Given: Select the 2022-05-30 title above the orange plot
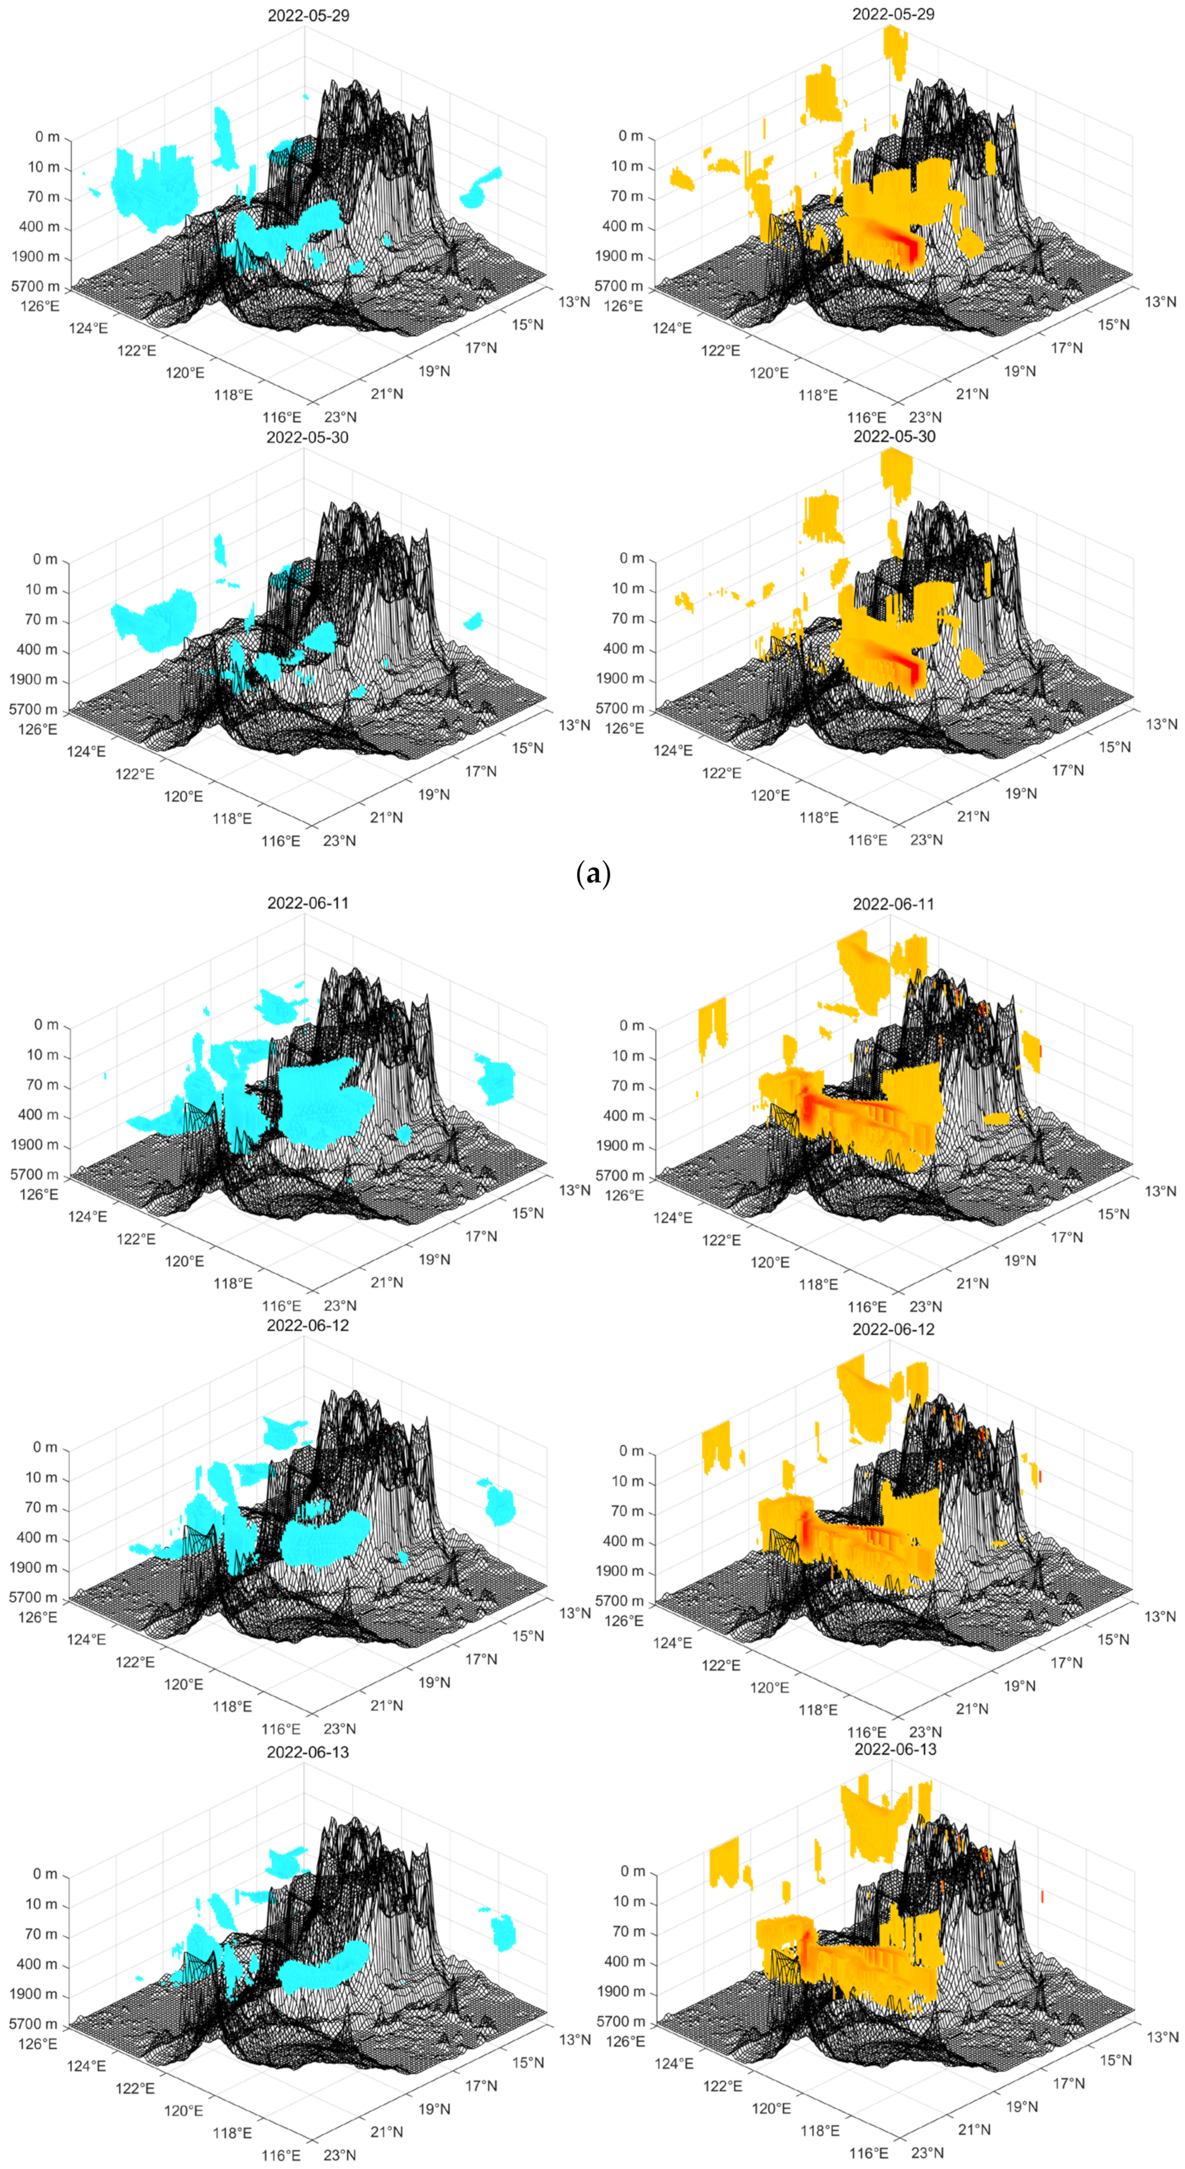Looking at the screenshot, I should [x=894, y=436].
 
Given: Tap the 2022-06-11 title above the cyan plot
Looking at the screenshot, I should [x=308, y=903].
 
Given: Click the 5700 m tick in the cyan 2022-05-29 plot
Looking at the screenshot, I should [x=36, y=286].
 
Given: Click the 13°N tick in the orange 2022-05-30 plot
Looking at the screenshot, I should [x=1160, y=724].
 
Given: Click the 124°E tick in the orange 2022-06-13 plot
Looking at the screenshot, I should [x=674, y=2063].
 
